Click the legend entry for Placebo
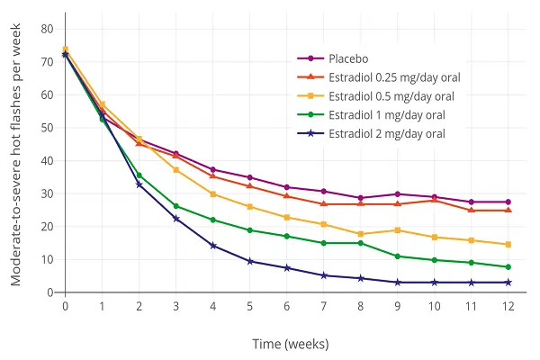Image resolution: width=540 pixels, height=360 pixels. click(348, 58)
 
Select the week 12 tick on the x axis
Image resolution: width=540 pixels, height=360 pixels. click(508, 307)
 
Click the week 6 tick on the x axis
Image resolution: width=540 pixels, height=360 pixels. click(287, 307)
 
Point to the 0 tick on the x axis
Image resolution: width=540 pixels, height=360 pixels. click(66, 307)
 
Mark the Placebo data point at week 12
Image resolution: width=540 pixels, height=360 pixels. click(508, 202)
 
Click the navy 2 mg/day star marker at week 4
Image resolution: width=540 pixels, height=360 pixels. click(213, 246)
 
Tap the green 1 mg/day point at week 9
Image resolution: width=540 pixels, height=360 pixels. click(398, 256)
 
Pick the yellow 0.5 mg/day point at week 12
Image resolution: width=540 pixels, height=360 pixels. click(508, 245)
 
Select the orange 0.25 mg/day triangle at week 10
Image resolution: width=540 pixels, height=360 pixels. click(435, 200)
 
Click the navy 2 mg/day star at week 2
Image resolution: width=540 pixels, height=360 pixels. click(139, 184)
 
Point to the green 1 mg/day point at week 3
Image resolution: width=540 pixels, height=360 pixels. click(176, 206)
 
